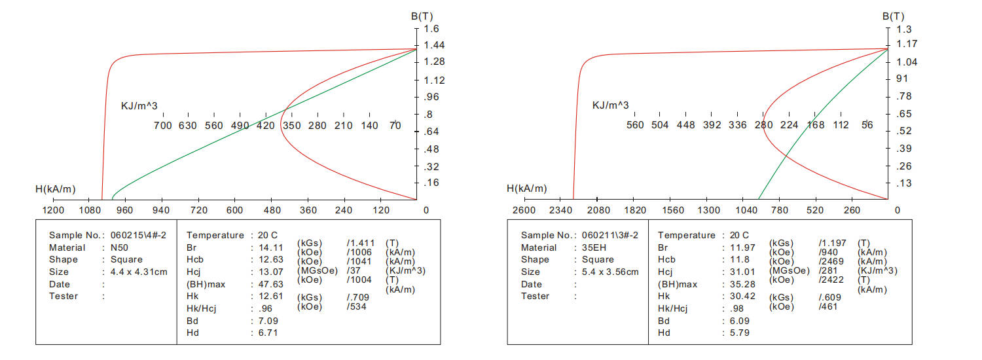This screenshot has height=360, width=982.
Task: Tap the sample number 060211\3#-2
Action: (610, 235)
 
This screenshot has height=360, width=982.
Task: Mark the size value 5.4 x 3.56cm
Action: (610, 272)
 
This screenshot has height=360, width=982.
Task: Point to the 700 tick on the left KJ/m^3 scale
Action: (162, 125)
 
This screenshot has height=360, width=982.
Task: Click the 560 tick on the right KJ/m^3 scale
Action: (635, 125)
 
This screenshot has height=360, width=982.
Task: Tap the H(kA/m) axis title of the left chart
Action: (56, 190)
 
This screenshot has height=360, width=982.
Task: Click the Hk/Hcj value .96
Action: (266, 308)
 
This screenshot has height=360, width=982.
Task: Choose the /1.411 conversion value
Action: (361, 243)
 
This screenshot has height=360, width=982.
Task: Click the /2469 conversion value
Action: (831, 261)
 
